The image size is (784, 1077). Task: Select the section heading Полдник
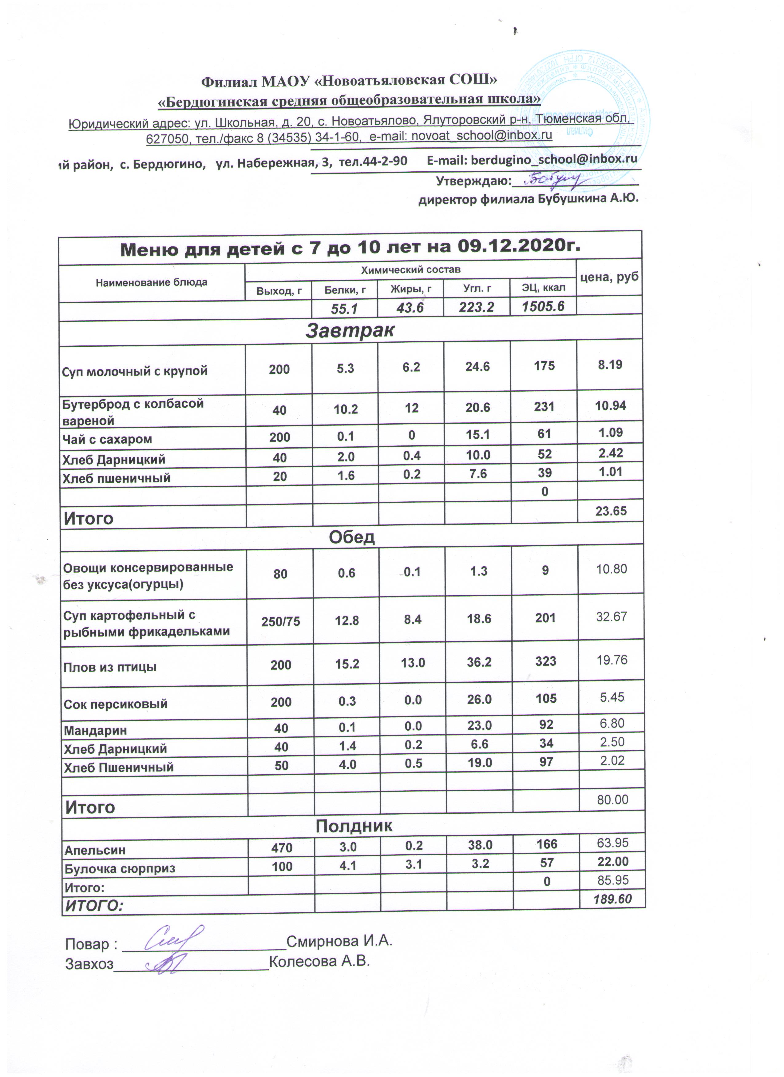354,826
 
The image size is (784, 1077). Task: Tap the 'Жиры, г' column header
410,289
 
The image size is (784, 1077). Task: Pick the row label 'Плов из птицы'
110,667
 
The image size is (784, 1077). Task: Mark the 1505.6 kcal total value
542,306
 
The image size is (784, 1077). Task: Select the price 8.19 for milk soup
610,365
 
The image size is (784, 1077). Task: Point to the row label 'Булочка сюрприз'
120,868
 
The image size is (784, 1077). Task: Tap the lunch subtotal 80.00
612,800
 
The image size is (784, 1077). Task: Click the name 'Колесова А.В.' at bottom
319,962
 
